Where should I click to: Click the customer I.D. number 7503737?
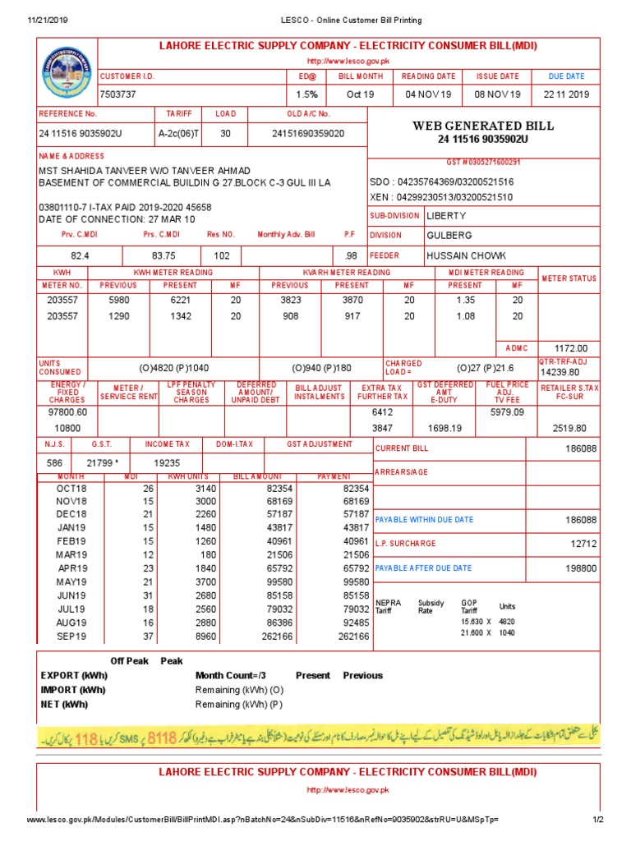pyautogui.click(x=118, y=94)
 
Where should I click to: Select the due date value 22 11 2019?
pyautogui.click(x=566, y=94)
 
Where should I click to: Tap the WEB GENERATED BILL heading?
pyautogui.click(x=483, y=126)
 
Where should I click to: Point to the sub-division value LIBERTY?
pyautogui.click(x=446, y=216)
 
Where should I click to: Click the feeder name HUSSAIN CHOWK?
pyautogui.click(x=466, y=255)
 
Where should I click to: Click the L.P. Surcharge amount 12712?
pyautogui.click(x=582, y=544)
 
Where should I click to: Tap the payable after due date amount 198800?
pyautogui.click(x=580, y=568)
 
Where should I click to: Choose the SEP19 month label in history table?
pyautogui.click(x=72, y=636)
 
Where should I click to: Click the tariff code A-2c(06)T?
pyautogui.click(x=179, y=133)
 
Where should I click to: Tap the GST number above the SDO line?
pyautogui.click(x=483, y=163)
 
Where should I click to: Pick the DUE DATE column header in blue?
pyautogui.click(x=566, y=76)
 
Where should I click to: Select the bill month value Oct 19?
pyautogui.click(x=360, y=94)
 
